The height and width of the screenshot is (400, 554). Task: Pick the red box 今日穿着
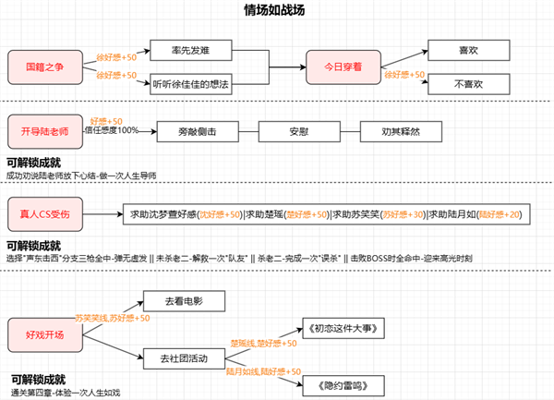tap(343, 67)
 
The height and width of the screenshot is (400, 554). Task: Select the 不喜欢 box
tap(470, 84)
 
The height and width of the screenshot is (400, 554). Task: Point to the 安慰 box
tap(295, 132)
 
